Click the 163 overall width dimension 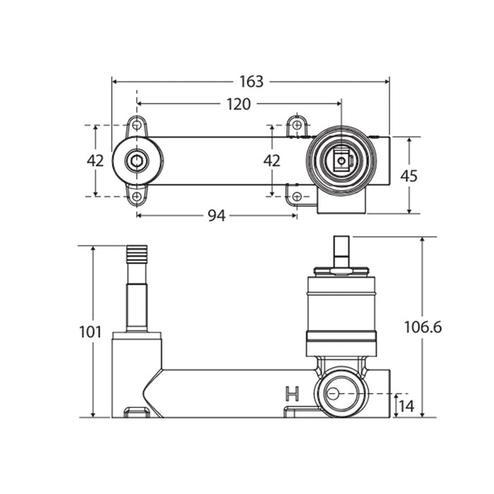coord(251,82)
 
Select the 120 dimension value coord(239,104)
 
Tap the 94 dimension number coord(217,216)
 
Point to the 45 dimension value coord(409,176)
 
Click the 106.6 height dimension coord(423,327)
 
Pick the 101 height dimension coord(90,332)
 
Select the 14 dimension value coord(406,406)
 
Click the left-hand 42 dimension coord(95,161)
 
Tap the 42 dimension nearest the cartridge coord(272,161)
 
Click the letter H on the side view coord(292,394)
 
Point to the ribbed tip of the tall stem coord(137,255)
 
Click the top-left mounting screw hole coord(137,126)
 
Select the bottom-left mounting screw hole coord(137,196)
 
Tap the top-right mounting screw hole coord(297,125)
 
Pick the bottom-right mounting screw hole coord(297,197)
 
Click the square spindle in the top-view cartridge coord(342,161)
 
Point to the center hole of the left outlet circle coord(137,161)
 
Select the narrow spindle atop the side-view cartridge coord(342,252)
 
